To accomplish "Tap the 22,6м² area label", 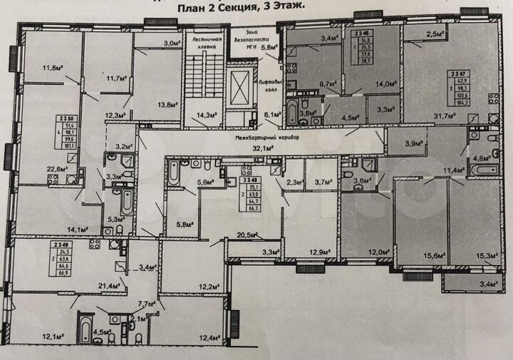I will click(x=57, y=169).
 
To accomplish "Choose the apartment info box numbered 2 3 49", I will click(x=62, y=258).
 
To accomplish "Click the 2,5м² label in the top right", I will click(x=435, y=34).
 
